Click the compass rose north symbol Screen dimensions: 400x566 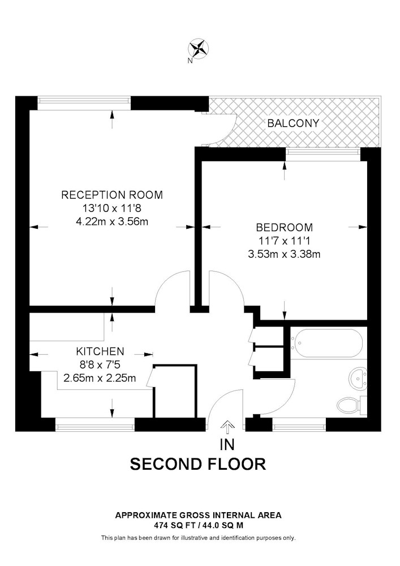click(x=199, y=48)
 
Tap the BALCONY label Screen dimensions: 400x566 click(x=293, y=123)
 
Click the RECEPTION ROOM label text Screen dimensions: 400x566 click(x=112, y=195)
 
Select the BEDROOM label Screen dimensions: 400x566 click(x=284, y=228)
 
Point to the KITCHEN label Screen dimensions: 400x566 click(x=100, y=351)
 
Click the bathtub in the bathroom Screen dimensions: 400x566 click(x=328, y=343)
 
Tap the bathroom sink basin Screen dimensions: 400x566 click(x=358, y=379)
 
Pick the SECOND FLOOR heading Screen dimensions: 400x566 click(x=197, y=464)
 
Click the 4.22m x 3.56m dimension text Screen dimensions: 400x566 click(x=112, y=221)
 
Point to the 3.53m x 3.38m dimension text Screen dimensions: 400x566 click(x=284, y=254)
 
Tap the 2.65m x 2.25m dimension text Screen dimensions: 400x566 click(x=100, y=378)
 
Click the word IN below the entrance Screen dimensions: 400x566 click(x=227, y=445)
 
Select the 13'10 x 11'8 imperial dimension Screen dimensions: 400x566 click(x=112, y=208)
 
